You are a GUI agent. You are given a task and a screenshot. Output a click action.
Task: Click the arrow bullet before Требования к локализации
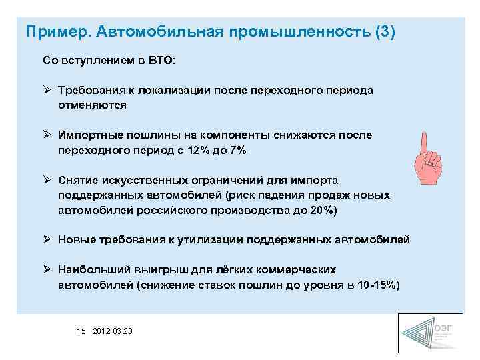47,90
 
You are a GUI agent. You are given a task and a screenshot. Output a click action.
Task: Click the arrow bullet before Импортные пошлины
47,135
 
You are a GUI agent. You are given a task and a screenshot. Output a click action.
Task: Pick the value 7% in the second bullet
236,150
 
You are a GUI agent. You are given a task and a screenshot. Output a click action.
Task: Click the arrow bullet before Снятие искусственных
47,181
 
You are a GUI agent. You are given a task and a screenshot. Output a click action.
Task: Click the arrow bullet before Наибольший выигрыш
47,270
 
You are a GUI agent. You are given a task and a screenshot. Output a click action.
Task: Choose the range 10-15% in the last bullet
373,285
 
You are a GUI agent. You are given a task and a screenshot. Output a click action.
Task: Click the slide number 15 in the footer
81,331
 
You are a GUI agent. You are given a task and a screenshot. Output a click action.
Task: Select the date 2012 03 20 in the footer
113,331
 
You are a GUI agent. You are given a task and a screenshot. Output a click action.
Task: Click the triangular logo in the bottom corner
419,333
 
